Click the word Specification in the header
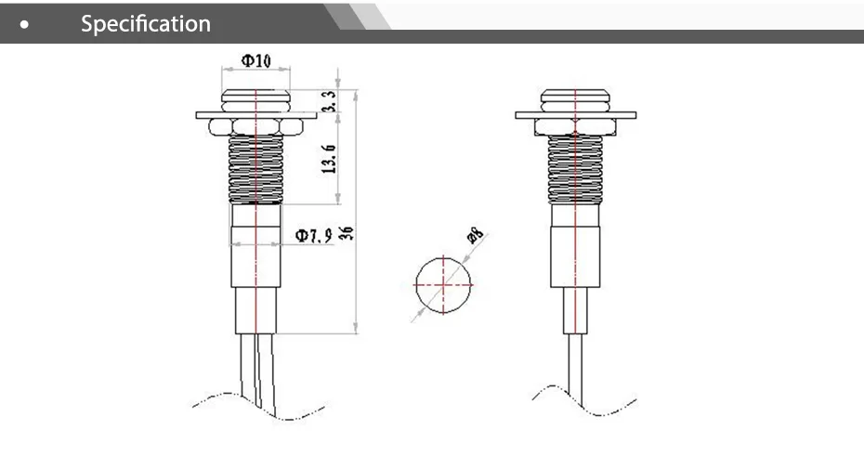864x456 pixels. (146, 23)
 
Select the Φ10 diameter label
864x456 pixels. (256, 60)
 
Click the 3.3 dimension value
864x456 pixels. (329, 102)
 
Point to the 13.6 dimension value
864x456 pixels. (329, 159)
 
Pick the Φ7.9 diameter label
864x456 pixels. (314, 236)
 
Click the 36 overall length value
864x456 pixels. (347, 231)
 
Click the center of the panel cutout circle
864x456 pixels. (444, 285)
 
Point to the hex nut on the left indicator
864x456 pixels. (255, 125)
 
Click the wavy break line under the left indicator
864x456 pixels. (223, 399)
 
